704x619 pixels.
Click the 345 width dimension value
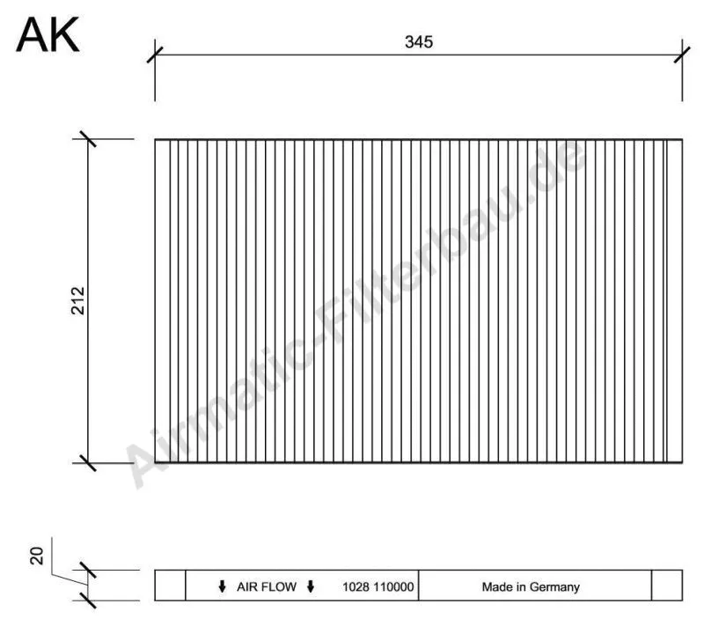(419, 42)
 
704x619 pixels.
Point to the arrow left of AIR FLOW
(222, 586)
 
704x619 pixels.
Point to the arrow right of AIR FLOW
(311, 586)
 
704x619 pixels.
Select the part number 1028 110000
(378, 586)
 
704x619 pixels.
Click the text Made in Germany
(530, 586)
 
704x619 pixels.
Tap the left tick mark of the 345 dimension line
(155, 54)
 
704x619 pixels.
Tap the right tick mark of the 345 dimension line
(682, 54)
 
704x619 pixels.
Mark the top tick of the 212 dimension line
(86, 139)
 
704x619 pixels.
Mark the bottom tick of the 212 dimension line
(86, 461)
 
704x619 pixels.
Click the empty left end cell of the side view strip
(170, 586)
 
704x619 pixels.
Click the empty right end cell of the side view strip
(666, 586)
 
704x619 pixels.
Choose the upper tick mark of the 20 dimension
(86, 570)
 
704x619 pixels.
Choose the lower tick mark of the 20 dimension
(86, 601)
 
